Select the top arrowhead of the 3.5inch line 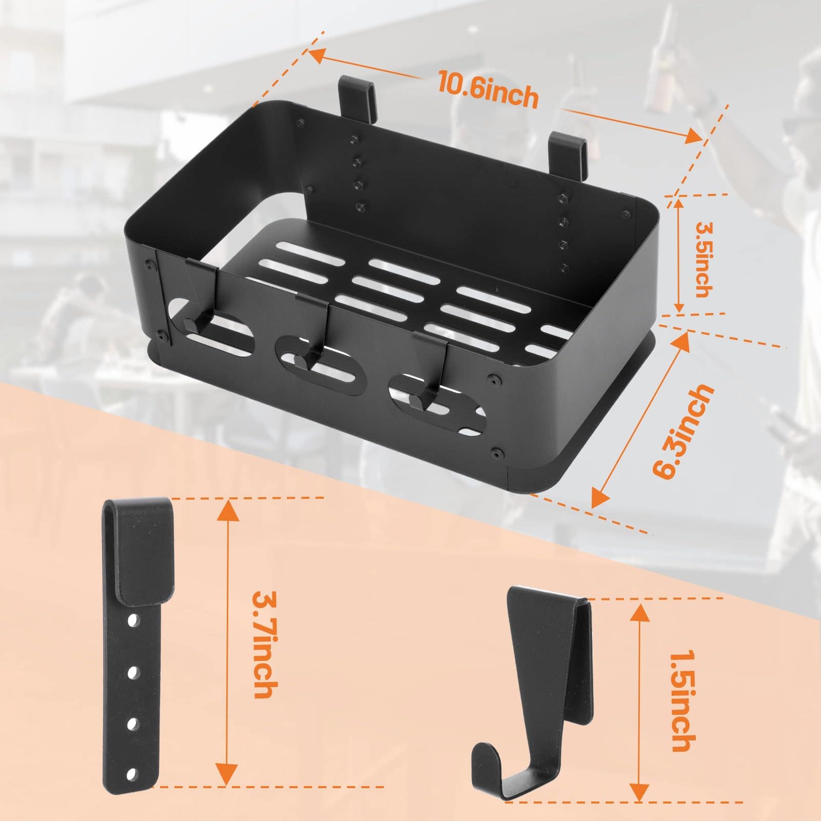click(679, 208)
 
